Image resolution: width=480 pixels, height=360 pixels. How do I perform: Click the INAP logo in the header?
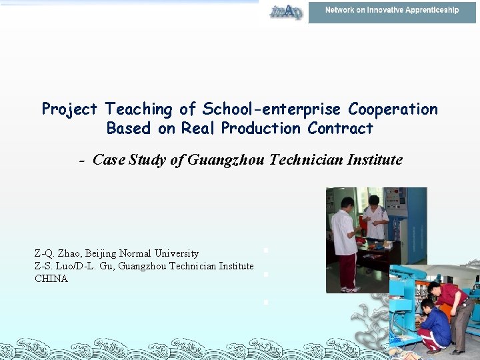pyautogui.click(x=286, y=11)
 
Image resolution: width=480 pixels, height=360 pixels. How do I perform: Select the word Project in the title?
pyautogui.click(x=69, y=109)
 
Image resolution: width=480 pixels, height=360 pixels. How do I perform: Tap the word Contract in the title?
pyautogui.click(x=340, y=128)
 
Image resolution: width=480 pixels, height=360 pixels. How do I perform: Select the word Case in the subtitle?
pyautogui.click(x=109, y=160)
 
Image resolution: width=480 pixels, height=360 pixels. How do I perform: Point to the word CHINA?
pyautogui.click(x=51, y=279)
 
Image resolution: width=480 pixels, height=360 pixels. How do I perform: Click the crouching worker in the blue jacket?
pyautogui.click(x=435, y=325)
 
